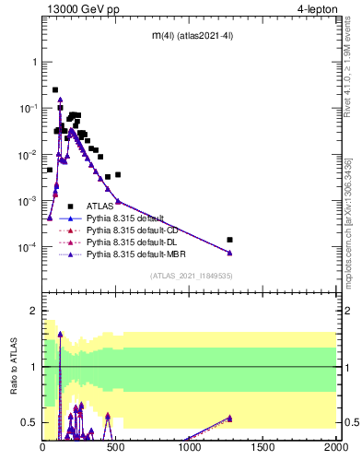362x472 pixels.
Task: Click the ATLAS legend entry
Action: pyautogui.click(x=99, y=206)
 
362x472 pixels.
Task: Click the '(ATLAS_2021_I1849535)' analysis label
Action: pyautogui.click(x=190, y=275)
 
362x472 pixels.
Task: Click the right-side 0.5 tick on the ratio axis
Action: pyautogui.click(x=349, y=423)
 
